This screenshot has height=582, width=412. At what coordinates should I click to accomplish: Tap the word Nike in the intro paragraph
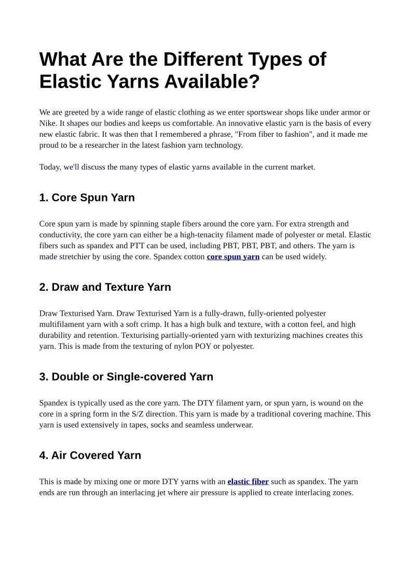point(48,123)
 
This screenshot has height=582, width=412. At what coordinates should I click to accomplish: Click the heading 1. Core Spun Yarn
point(87,197)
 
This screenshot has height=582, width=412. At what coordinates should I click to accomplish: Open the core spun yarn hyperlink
point(233,257)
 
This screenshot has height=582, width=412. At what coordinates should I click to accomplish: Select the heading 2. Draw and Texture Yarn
point(105,287)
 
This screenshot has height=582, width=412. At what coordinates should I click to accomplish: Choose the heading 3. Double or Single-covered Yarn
point(126,377)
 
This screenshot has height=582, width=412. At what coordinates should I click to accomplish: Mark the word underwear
point(236,425)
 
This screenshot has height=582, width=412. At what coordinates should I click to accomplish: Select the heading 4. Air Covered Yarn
point(90,455)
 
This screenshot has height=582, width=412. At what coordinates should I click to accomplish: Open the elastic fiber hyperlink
point(248,481)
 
